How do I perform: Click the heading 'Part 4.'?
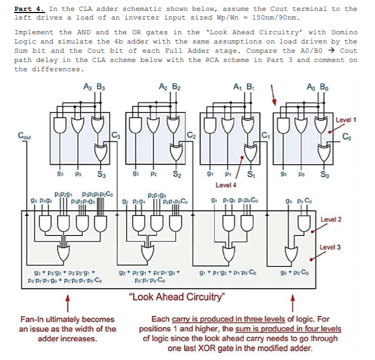click(x=30, y=9)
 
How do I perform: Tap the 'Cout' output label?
click(x=24, y=136)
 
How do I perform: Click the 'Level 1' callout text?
click(x=346, y=120)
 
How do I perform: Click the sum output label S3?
click(x=102, y=175)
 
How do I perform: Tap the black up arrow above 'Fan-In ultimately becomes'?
click(x=67, y=300)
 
